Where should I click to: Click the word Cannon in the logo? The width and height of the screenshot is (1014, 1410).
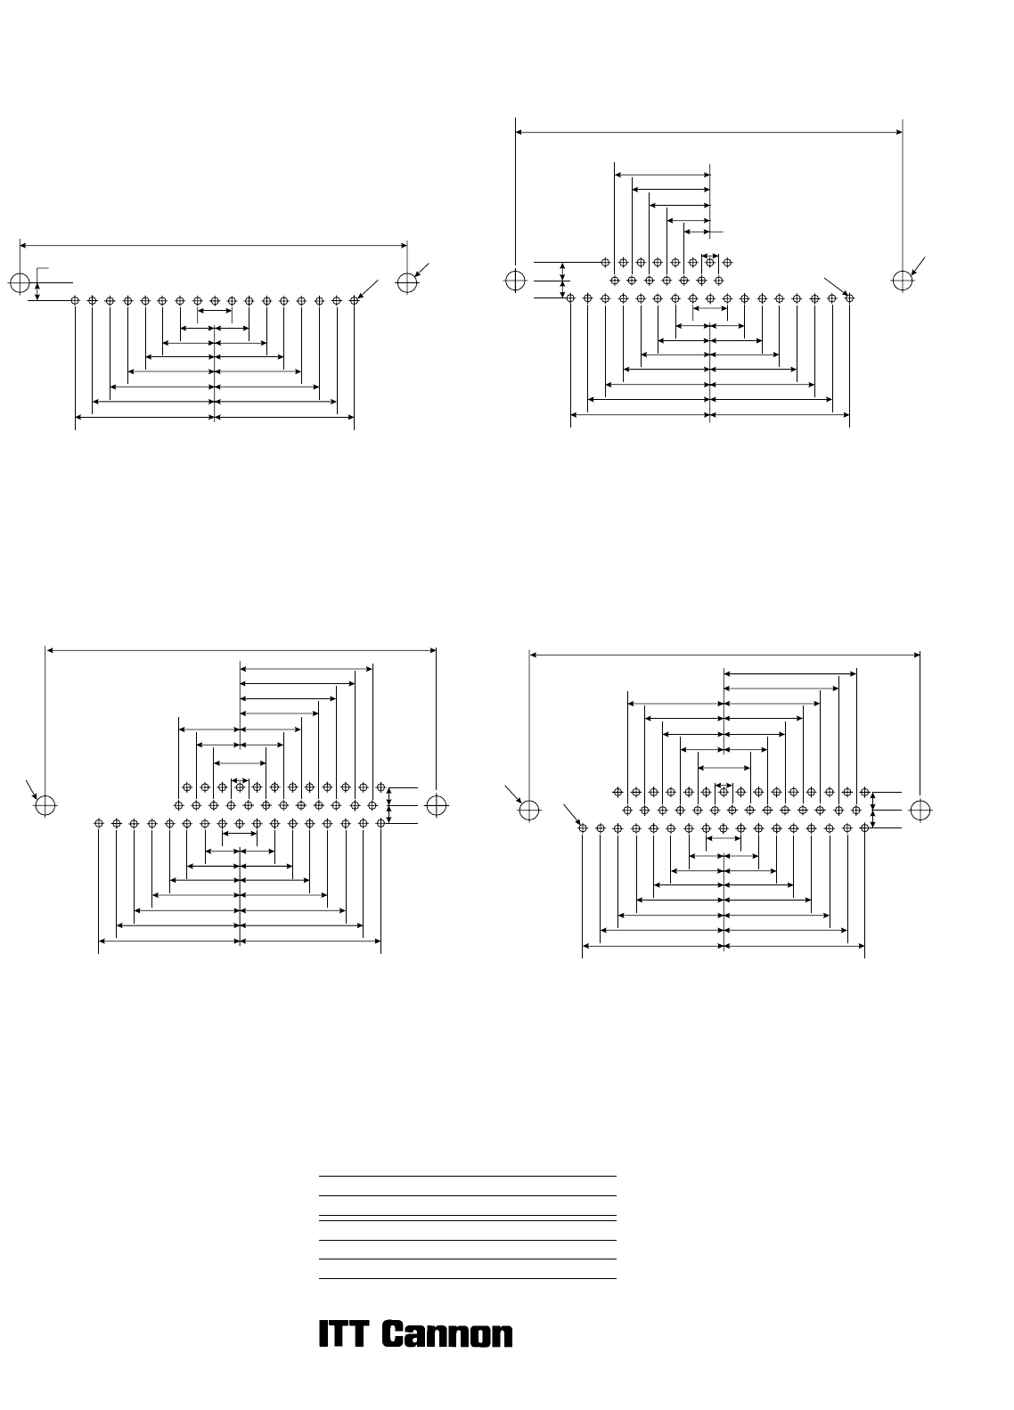coord(447,1333)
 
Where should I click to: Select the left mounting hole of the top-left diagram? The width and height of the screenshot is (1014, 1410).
coord(20,282)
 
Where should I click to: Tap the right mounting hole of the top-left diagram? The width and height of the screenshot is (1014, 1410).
coord(407,282)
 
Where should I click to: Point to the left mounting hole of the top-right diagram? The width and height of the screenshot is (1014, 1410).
coord(515,280)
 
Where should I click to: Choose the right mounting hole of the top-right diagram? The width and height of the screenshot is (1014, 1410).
coord(903,280)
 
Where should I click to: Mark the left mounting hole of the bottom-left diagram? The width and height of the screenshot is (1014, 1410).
coord(45,805)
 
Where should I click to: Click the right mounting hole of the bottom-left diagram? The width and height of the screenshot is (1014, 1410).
coord(437,805)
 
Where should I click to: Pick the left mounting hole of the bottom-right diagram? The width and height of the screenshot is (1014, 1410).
coord(529,811)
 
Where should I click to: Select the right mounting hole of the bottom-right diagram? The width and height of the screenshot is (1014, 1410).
coord(920,811)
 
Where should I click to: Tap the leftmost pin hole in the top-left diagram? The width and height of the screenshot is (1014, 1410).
coord(75,300)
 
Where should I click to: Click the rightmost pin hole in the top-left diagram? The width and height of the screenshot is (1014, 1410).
coord(354,300)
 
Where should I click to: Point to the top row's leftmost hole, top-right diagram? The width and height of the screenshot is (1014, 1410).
coord(605,262)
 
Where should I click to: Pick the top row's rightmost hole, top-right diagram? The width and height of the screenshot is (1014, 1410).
coord(727,262)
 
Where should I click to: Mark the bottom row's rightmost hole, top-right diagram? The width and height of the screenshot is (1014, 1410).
coord(850,297)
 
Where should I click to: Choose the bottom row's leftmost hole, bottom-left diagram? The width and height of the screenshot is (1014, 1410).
coord(98,823)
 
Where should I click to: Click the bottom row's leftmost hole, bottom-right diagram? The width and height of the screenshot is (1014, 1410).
coord(583,827)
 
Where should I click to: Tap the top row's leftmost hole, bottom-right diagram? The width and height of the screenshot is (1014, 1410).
coord(617,792)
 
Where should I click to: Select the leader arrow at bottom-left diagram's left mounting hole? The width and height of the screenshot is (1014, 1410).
coord(31,789)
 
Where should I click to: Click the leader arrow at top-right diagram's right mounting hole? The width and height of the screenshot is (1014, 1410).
coord(918,266)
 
